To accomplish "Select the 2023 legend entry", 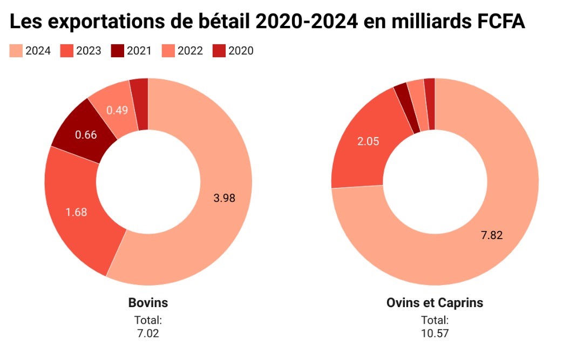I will (x=81, y=51).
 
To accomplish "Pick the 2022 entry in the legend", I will (x=184, y=51).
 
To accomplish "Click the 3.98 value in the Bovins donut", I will (x=225, y=198).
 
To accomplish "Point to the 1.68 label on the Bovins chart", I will (x=76, y=212).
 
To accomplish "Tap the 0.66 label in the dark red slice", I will (x=86, y=135).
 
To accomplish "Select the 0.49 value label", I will (x=117, y=110).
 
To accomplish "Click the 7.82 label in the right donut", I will (x=492, y=235).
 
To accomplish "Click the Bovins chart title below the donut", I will (x=148, y=303).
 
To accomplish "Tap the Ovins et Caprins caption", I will (x=435, y=303).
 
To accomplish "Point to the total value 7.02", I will (x=148, y=333).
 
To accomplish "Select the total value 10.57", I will (x=435, y=333).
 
